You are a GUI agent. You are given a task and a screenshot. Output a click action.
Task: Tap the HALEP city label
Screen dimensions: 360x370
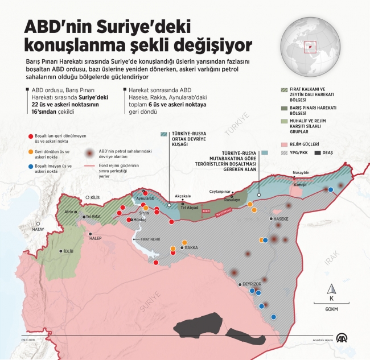(x=95, y=238)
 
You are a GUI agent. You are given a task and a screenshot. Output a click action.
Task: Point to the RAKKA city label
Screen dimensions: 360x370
(x=191, y=248)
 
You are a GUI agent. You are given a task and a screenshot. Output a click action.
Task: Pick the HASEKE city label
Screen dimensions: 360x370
(x=281, y=218)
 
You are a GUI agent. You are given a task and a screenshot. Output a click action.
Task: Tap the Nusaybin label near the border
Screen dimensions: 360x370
(x=301, y=172)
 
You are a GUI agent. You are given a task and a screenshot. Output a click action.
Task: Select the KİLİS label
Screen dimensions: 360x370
(x=94, y=197)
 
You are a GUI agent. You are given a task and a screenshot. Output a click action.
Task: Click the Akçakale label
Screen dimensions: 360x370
(x=183, y=196)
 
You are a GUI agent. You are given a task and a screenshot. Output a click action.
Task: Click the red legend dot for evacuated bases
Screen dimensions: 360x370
(x=30, y=136)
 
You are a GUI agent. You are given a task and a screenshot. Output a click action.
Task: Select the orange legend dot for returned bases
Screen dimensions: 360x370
(x=30, y=151)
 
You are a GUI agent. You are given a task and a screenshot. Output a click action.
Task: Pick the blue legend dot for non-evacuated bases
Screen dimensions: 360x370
(x=30, y=166)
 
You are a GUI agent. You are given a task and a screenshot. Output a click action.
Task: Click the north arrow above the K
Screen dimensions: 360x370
(x=331, y=288)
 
